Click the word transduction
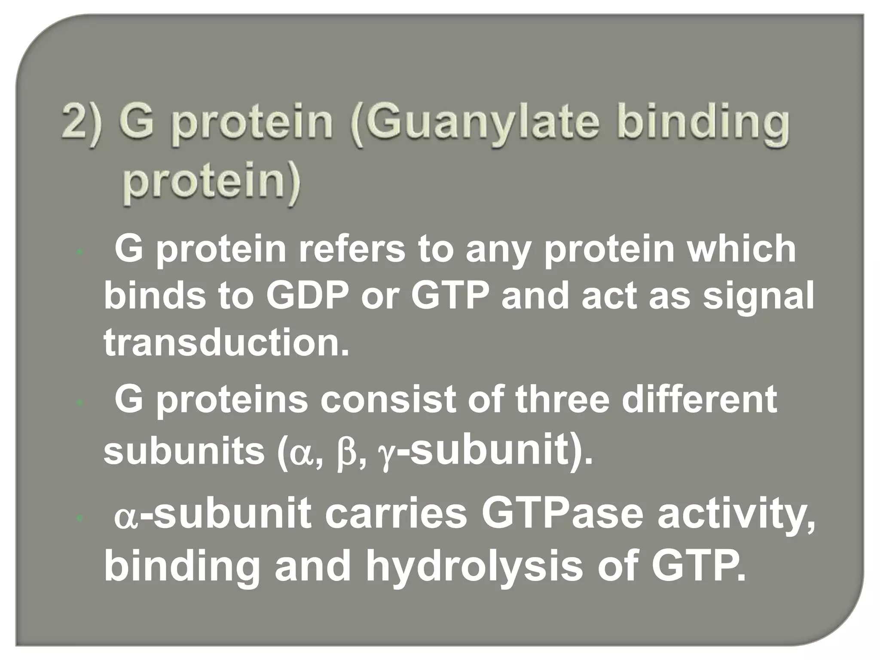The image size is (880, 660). pos(226,344)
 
